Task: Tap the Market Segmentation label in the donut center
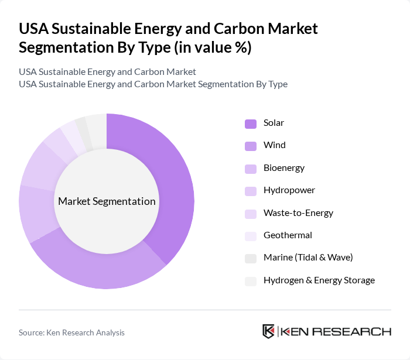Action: click(107, 201)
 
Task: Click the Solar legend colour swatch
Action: click(250, 124)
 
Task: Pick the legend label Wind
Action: click(275, 145)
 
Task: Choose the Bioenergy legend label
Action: click(284, 168)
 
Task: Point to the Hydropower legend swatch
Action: click(250, 191)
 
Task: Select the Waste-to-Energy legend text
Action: click(298, 213)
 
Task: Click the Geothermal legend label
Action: click(288, 235)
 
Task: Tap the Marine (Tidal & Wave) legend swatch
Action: click(250, 258)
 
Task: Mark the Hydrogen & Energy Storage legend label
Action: click(319, 280)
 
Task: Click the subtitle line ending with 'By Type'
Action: click(153, 84)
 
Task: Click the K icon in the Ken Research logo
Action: click(268, 331)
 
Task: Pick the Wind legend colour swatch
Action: click(250, 146)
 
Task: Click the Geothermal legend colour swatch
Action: click(250, 236)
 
